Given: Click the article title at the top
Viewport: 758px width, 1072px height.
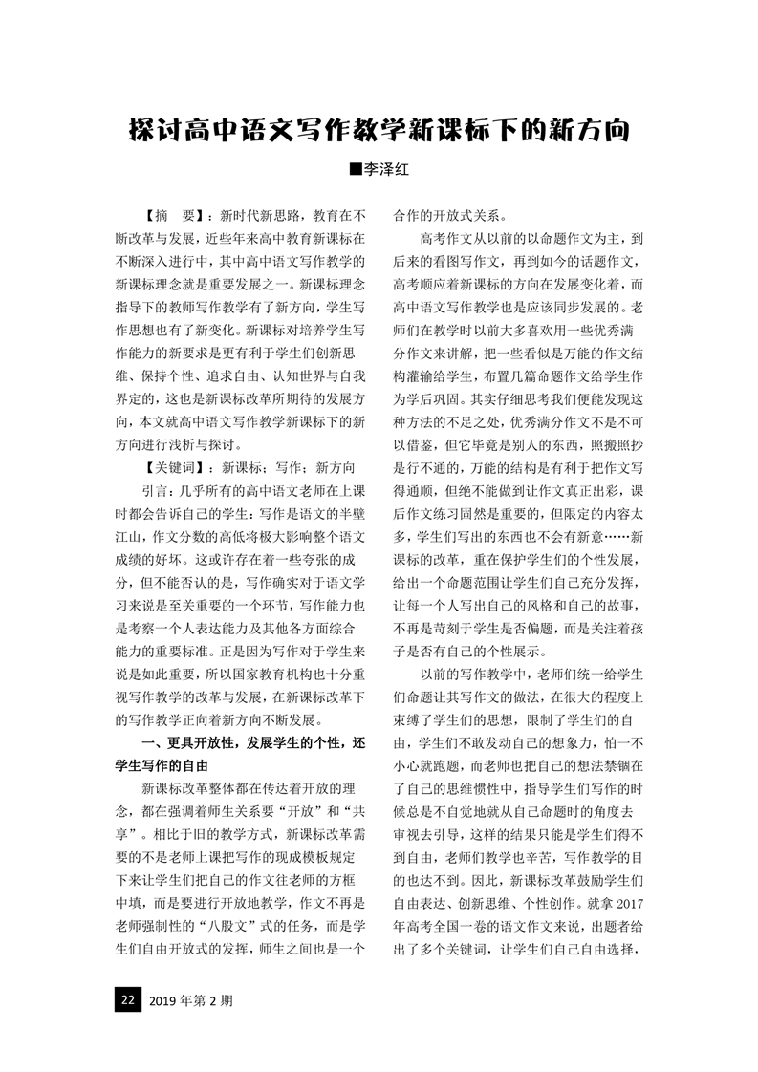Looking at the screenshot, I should pyautogui.click(x=379, y=131).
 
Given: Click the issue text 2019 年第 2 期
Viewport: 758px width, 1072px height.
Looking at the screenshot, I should pyautogui.click(x=191, y=1000).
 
